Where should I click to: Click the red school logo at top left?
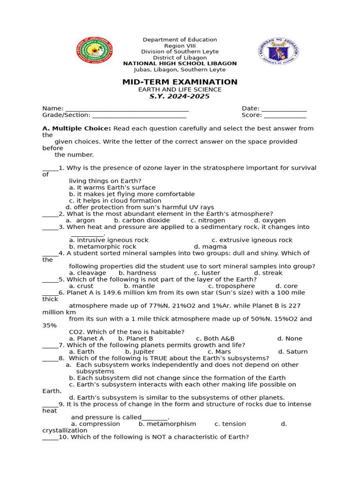pos(95,50)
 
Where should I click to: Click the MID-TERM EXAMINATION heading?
pos(180,82)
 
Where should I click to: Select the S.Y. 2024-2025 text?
pos(180,96)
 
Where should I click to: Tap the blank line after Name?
pos(127,109)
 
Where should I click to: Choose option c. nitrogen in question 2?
pos(208,220)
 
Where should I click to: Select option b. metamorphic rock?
pos(103,247)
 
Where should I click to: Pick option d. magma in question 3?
pos(210,247)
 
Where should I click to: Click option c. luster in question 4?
pos(207,273)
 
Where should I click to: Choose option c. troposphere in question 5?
pos(232,286)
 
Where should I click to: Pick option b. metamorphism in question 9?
pos(167,424)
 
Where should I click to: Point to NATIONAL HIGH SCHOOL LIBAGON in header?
pos(180,64)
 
